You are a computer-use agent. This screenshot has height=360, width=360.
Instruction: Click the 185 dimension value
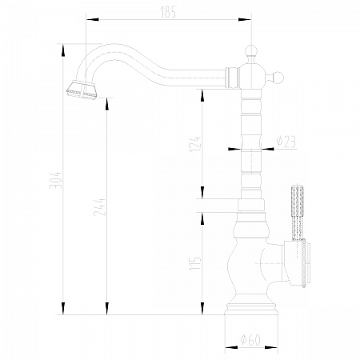pos(168,12)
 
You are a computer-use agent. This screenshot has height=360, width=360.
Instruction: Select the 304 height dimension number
pos(56,180)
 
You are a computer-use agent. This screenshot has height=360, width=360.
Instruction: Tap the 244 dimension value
pos(99,207)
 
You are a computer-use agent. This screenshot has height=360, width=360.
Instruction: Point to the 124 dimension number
pos(195,144)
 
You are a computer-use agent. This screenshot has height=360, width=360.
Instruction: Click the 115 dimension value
pos(195,264)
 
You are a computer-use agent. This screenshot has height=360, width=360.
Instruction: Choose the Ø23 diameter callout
pos(286,142)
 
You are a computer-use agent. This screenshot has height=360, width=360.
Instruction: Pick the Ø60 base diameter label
pos(250,339)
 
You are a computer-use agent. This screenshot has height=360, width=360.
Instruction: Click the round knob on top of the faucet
pos(251,50)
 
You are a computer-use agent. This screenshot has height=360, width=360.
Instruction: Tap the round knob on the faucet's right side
pos(278,78)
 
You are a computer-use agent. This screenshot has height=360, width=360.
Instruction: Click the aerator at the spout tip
pos(82,90)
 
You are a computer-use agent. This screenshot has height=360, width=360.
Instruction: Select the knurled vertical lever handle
pos(297,212)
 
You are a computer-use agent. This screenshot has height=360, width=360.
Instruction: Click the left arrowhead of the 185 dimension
pos(92,19)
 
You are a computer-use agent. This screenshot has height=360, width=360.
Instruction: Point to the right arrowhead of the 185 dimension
pos(245,19)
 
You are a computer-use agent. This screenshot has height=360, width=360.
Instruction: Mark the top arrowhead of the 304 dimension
pos(63,50)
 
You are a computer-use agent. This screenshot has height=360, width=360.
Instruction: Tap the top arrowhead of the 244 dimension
pos(106,104)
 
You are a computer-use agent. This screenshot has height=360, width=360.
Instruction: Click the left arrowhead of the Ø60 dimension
pos(231,347)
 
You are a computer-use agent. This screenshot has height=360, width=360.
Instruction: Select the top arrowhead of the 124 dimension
pos(202,95)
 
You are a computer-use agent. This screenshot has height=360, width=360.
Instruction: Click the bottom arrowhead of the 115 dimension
pos(202,309)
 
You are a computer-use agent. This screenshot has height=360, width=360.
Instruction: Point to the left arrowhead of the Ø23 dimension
pos(234,149)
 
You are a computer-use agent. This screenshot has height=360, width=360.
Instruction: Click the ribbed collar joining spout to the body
pos(231,78)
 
